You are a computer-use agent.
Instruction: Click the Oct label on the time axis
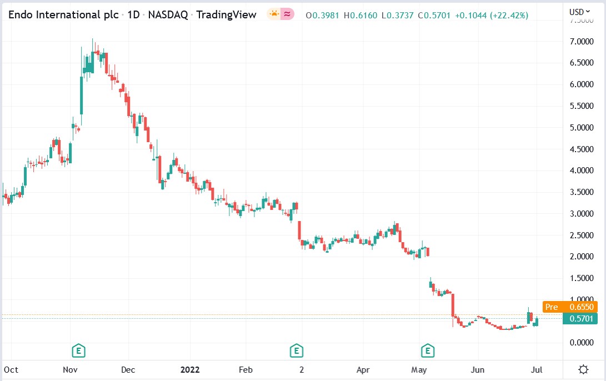click(11, 369)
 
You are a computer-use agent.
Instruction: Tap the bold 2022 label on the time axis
click(191, 369)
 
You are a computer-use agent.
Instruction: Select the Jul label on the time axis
click(537, 369)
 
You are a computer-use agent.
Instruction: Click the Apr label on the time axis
click(363, 369)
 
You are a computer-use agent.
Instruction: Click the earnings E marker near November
click(79, 350)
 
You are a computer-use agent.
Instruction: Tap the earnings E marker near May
click(427, 350)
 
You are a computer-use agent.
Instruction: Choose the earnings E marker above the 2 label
click(297, 350)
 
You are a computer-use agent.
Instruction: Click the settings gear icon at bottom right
click(583, 369)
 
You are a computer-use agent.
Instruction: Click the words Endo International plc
click(63, 15)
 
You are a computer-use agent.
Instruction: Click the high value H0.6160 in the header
click(361, 15)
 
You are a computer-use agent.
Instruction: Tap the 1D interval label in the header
click(133, 15)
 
